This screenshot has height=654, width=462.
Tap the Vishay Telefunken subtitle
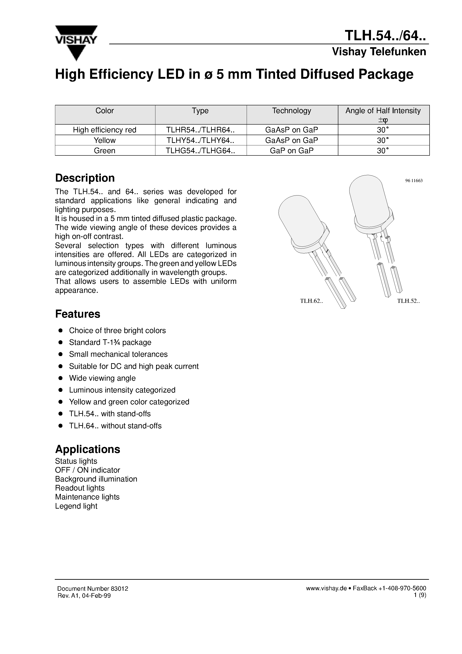tap(379, 52)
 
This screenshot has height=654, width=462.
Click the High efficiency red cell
tap(104, 130)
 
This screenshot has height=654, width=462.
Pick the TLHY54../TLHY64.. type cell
tap(201, 140)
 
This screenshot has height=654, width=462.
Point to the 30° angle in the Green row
tap(383, 151)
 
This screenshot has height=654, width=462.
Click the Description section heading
tap(85, 178)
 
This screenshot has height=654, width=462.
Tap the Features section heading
tap(77, 314)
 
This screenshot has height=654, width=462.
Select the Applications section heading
tap(87, 449)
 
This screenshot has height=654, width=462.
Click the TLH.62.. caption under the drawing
tap(311, 301)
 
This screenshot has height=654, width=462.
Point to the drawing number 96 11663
tap(413, 180)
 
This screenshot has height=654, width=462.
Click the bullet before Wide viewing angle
tap(60, 378)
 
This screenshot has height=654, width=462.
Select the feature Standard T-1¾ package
tap(110, 342)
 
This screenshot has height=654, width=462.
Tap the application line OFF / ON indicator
tap(87, 470)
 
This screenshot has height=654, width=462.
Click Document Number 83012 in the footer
tap(93, 588)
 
